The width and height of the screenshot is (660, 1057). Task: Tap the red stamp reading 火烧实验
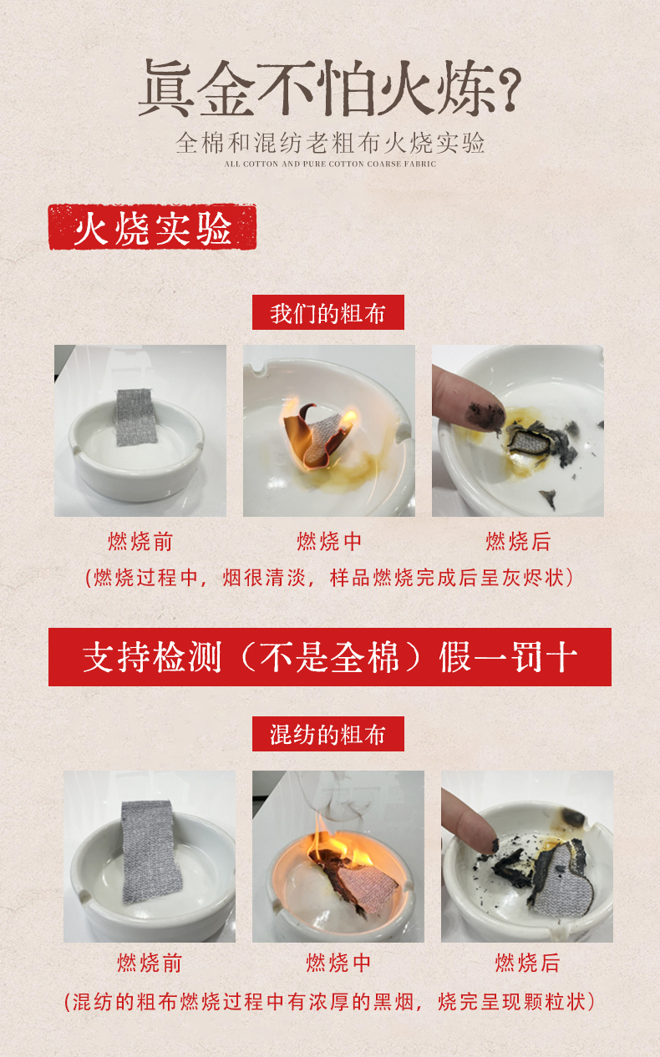[153, 227]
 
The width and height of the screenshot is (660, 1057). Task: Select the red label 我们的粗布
[328, 312]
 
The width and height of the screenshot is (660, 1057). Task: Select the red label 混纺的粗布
[328, 734]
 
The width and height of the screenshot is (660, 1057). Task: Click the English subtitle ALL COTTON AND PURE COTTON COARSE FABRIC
[330, 164]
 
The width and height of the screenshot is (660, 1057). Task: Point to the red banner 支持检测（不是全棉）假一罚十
[329, 657]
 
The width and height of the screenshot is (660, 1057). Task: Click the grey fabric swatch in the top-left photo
[135, 417]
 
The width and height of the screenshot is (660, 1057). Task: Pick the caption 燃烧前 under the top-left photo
[140, 541]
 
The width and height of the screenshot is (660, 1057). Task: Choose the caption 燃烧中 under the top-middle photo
[329, 541]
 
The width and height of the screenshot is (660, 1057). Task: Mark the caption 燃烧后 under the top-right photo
[518, 541]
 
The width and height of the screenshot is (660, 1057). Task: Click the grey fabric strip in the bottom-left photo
[150, 852]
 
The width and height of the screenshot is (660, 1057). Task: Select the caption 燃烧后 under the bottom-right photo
[527, 963]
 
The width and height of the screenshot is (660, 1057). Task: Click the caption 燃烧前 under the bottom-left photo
[150, 963]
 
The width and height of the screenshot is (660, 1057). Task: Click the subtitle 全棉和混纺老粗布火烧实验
[330, 143]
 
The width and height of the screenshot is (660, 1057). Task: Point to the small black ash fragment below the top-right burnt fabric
[549, 498]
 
